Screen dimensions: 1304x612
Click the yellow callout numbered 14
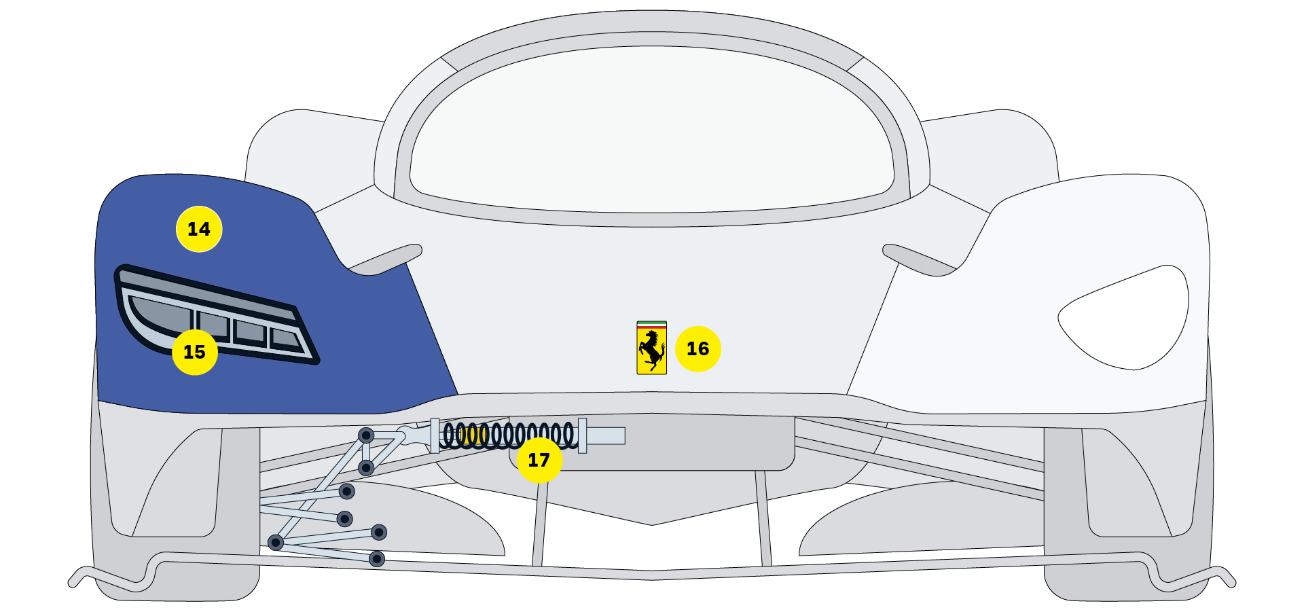(x=199, y=229)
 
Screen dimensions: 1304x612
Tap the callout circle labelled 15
(x=195, y=352)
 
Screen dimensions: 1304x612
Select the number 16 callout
(x=698, y=348)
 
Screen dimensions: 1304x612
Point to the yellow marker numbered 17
(x=539, y=460)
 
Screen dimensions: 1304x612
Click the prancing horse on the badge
(x=652, y=350)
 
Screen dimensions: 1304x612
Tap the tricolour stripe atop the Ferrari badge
(x=652, y=325)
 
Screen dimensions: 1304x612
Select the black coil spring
(x=509, y=435)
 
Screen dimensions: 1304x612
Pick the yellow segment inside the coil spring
(x=475, y=435)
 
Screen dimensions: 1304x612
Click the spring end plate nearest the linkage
(x=435, y=435)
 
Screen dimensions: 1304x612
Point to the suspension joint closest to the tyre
(x=275, y=542)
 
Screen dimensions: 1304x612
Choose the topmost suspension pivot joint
(x=366, y=435)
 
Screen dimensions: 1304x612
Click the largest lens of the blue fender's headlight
(x=160, y=318)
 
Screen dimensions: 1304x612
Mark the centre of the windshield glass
(x=652, y=129)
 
